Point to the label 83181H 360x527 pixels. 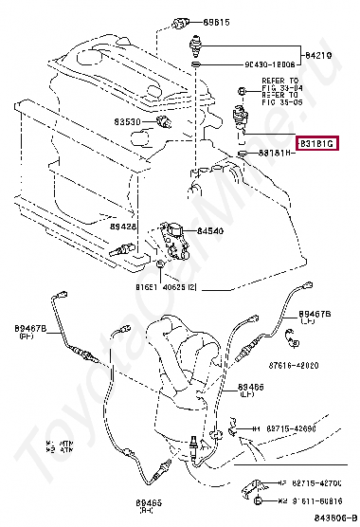tap(276, 153)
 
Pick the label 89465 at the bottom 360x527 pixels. tap(149, 502)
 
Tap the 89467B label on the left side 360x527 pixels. tap(30, 329)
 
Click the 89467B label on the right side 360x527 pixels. tap(314, 312)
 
